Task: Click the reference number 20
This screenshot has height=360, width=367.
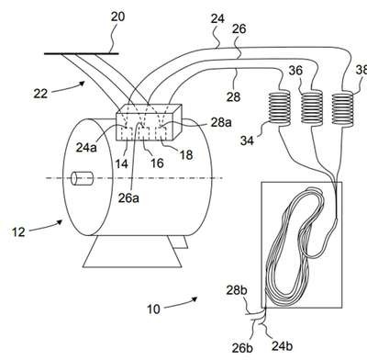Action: (x=117, y=17)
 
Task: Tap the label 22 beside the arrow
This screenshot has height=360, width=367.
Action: (x=40, y=94)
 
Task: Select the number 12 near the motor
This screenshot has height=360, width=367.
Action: (x=18, y=232)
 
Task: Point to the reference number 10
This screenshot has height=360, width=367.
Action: (x=153, y=309)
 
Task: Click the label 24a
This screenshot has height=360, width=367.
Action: (x=86, y=148)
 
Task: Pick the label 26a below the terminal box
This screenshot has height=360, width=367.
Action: (x=128, y=198)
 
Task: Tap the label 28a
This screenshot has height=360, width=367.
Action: (x=221, y=122)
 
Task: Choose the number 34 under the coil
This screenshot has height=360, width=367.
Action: (x=247, y=141)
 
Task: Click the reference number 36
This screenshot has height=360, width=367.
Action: (x=295, y=71)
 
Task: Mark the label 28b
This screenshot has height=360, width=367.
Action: (x=237, y=290)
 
